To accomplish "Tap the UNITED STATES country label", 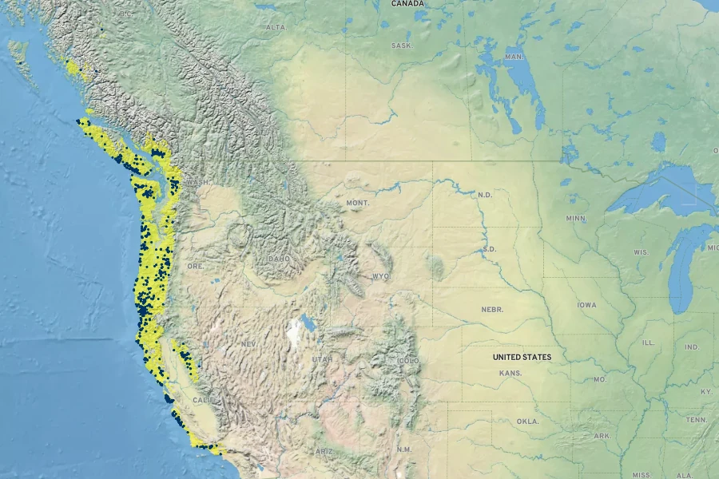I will [522, 357].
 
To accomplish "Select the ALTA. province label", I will [276, 27].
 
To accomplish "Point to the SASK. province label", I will [402, 46].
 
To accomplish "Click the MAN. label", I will [514, 57].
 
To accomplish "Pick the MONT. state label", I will [357, 204].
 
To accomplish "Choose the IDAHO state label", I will [280, 259].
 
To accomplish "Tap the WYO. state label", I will [380, 276].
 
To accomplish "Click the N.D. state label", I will [486, 195].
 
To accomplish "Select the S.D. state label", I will [490, 249].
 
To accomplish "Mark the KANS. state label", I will [510, 373].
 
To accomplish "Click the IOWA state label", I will [586, 305].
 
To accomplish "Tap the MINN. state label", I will [575, 218].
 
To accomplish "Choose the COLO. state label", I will [409, 361].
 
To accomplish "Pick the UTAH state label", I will [322, 359].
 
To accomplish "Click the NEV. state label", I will [248, 343].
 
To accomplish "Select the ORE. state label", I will [195, 265].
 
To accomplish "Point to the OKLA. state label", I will [527, 421].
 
